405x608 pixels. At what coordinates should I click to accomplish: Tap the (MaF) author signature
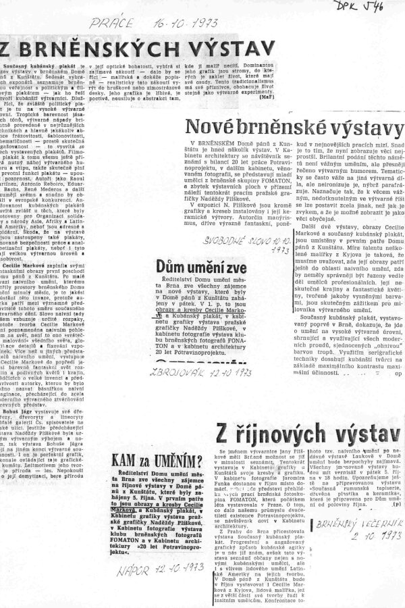pyautogui.click(x=266, y=97)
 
